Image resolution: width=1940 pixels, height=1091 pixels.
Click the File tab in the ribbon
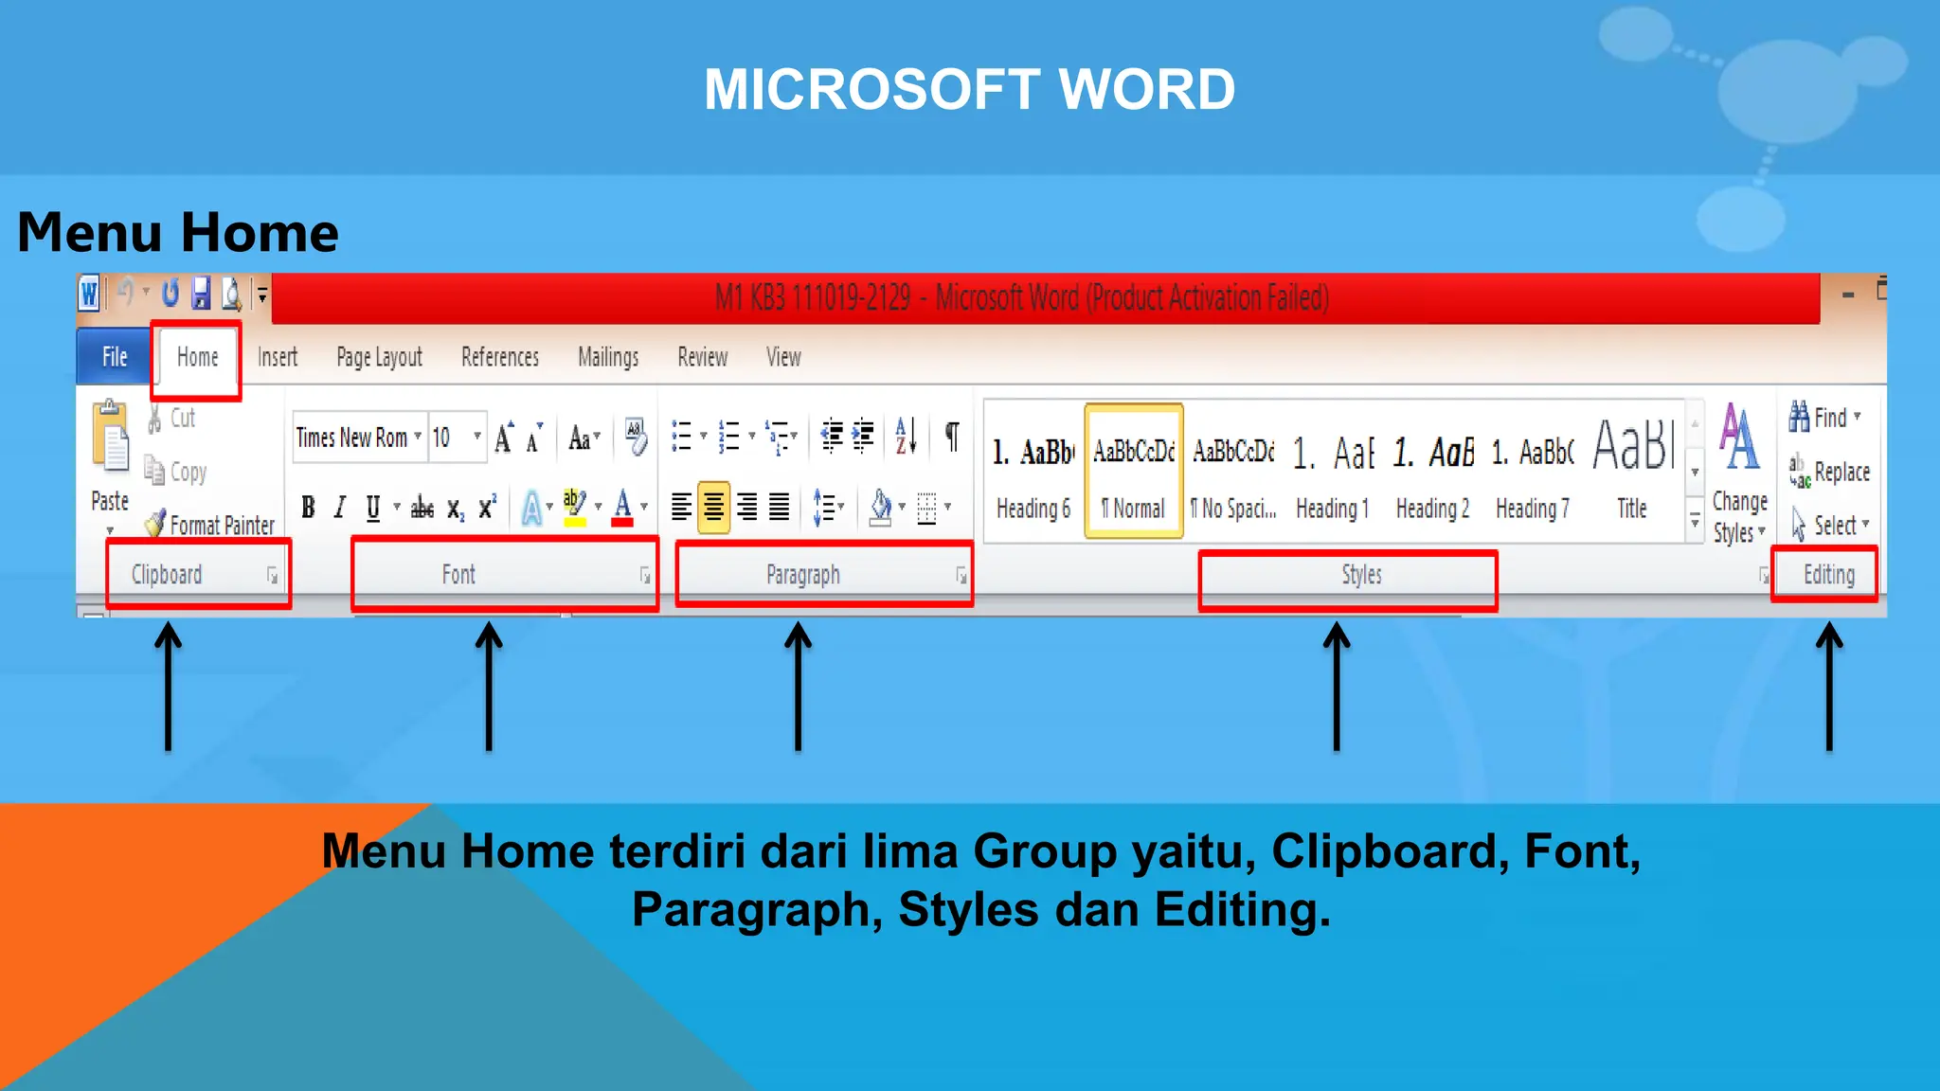(115, 357)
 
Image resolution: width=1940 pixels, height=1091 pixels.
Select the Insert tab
(278, 357)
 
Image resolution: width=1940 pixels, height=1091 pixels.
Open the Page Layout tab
(379, 357)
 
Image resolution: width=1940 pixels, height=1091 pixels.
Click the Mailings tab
(608, 357)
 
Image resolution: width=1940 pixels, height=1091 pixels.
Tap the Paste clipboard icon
(111, 437)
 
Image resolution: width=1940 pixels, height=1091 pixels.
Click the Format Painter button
(210, 525)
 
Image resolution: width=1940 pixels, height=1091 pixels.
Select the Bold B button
(308, 508)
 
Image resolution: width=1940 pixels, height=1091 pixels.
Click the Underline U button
(373, 508)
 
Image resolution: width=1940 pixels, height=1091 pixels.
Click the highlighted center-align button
(713, 508)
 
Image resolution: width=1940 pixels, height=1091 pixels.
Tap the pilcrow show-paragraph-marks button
(952, 437)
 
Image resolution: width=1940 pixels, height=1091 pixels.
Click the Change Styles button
(1739, 474)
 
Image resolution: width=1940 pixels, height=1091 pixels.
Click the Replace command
(1830, 471)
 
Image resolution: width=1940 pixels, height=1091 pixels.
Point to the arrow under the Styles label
(1337, 687)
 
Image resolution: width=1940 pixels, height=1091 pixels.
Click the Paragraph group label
(803, 575)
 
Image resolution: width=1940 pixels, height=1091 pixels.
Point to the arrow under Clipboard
(168, 687)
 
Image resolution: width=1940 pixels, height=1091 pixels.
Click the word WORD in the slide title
(1146, 90)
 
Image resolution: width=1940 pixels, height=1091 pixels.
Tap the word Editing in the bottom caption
(1242, 909)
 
